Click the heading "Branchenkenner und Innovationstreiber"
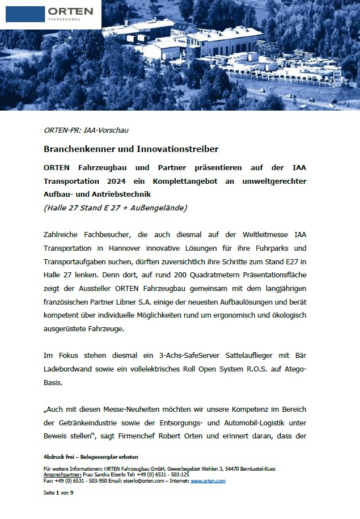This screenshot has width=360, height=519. click(x=131, y=149)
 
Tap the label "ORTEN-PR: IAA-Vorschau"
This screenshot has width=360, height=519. click(x=86, y=130)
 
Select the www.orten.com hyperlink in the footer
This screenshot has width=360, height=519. click(x=208, y=480)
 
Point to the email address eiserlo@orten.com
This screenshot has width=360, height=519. click(x=143, y=480)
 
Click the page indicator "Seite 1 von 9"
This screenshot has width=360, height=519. click(x=58, y=493)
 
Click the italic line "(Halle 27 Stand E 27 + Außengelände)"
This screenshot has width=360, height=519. click(x=115, y=208)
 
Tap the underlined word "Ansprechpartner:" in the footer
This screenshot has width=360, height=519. click(x=62, y=475)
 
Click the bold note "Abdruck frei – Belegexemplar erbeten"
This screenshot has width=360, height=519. click(x=91, y=457)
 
